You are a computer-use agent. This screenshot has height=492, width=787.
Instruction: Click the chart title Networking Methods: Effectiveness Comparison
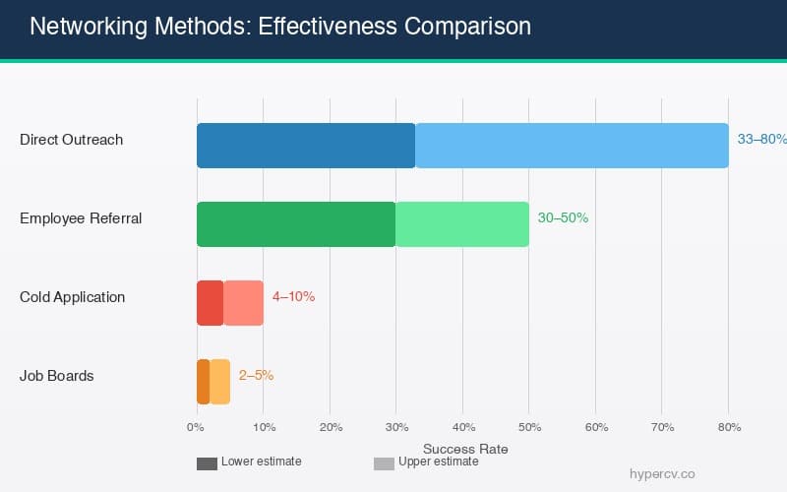click(280, 27)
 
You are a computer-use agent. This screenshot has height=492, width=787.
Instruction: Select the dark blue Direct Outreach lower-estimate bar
click(306, 146)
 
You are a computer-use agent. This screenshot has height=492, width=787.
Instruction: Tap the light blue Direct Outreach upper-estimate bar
click(572, 146)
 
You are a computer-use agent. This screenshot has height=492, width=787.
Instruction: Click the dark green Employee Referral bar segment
click(295, 224)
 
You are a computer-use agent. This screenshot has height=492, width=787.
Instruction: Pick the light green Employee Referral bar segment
click(461, 224)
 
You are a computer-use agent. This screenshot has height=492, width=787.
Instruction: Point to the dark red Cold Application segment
click(210, 303)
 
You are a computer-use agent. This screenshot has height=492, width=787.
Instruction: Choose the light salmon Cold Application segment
click(243, 303)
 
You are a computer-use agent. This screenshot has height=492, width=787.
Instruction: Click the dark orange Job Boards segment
click(203, 382)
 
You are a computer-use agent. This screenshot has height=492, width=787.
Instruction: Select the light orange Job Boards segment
click(219, 382)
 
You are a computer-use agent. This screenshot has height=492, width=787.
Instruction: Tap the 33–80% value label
click(761, 140)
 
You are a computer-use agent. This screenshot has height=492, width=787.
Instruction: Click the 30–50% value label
click(563, 218)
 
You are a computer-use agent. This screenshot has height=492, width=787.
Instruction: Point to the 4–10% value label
click(293, 297)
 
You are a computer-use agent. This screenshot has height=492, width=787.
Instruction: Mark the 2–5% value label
click(256, 376)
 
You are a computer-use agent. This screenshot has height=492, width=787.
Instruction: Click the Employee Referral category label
click(81, 218)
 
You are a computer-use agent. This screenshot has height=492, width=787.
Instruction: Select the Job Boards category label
click(56, 376)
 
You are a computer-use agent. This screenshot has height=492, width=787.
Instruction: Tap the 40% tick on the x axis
click(462, 427)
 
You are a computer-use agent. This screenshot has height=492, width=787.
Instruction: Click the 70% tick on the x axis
click(662, 427)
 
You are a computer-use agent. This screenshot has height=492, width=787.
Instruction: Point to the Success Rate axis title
click(464, 449)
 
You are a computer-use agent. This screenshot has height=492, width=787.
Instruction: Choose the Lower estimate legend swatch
click(207, 463)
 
